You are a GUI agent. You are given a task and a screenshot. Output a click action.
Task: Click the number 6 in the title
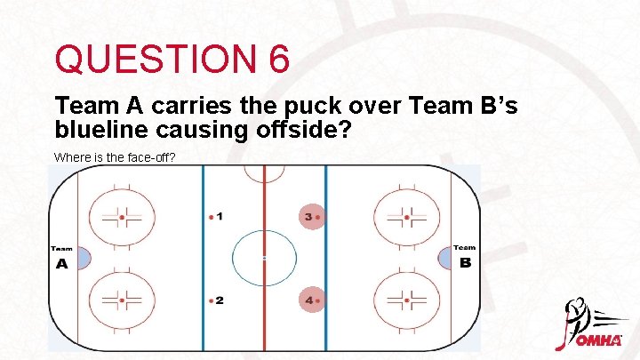[x=276, y=60]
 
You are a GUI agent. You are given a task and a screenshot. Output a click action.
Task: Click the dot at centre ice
[x=264, y=258]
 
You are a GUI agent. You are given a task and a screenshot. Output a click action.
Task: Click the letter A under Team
[x=61, y=264]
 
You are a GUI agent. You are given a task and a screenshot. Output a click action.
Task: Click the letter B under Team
[x=465, y=263]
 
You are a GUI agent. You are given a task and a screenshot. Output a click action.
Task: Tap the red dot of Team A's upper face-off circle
[x=122, y=217]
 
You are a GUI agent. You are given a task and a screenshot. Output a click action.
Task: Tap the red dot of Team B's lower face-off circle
[x=407, y=300]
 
